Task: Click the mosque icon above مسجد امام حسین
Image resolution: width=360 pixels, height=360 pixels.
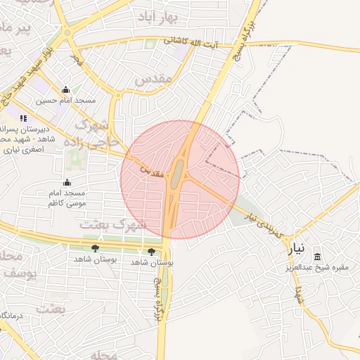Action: coord(65,89)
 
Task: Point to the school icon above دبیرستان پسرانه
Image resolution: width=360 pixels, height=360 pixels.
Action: coord(23,118)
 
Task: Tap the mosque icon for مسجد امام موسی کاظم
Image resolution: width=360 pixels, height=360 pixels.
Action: coord(67,182)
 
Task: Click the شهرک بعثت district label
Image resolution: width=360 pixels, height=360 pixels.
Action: coord(112,225)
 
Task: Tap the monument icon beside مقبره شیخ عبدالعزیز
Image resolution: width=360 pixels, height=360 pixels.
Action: coord(317,257)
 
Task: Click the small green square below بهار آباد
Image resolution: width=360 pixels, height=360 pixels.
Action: coord(149,44)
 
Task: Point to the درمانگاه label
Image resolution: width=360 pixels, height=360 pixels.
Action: coord(13,316)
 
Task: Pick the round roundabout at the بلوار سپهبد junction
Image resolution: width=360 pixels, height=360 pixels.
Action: coord(67,32)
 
